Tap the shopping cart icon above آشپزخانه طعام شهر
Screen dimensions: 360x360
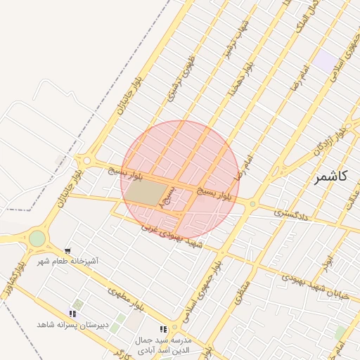(x=67, y=250)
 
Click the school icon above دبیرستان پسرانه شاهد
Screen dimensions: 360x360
(x=72, y=314)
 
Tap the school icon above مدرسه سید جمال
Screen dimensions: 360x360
(x=163, y=328)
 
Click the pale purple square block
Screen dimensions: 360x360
(x=325, y=60)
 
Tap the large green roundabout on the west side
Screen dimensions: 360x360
(x=37, y=239)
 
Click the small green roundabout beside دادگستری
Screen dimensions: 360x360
(x=252, y=205)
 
